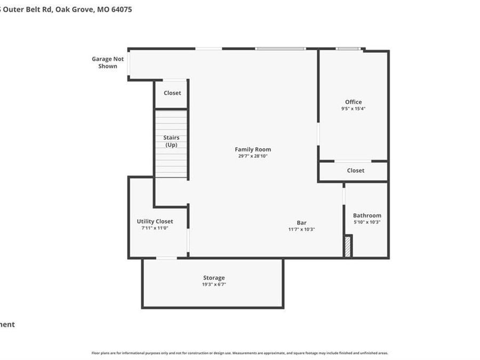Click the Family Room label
pos(253,149)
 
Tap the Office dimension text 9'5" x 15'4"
pos(353,108)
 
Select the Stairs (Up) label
pos(171,141)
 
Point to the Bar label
pos(302,223)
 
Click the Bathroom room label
pos(367,215)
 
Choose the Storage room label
pos(214,278)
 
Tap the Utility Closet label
pos(155,221)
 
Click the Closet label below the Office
pos(356,171)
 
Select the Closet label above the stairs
pos(172,93)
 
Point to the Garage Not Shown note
pos(108,62)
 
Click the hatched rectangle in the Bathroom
pos(348,247)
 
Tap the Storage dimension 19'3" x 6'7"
pos(214,284)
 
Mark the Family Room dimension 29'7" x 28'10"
pos(253,156)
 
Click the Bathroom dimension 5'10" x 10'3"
pos(367,222)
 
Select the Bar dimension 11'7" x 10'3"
pos(302,229)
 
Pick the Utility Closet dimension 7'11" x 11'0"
pos(155,228)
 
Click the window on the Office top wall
pos(348,49)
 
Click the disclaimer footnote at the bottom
pos(240,353)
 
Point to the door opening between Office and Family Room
pos(318,134)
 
